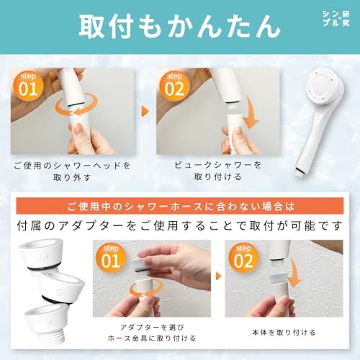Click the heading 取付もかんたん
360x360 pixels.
pyautogui.click(x=179, y=27)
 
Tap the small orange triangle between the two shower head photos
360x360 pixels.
pyautogui.click(x=144, y=112)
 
